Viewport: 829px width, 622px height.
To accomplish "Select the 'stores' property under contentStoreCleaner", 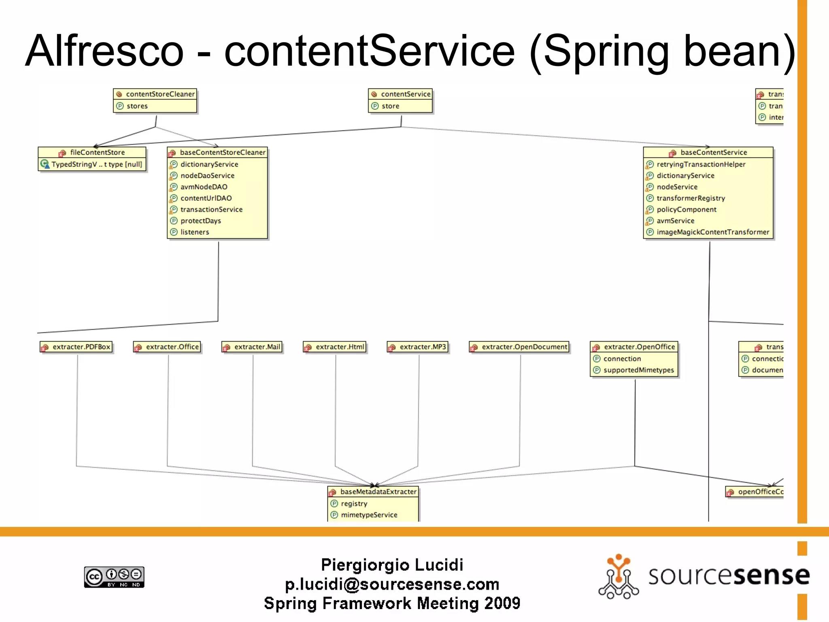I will (137, 106).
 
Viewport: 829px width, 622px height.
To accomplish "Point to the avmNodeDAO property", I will (204, 187).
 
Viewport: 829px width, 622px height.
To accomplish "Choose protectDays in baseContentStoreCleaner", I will (201, 221).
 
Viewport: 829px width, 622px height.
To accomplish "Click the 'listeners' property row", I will (195, 232).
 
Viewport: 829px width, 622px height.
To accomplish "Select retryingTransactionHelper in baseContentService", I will (701, 164).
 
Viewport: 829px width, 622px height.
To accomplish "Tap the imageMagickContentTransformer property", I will (712, 232).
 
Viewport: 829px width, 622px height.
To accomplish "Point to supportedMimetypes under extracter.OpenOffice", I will (638, 370).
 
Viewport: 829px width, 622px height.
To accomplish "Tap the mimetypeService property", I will (369, 515).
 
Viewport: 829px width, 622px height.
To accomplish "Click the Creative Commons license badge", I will (114, 577).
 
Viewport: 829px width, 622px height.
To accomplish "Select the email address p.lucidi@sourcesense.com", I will (392, 584).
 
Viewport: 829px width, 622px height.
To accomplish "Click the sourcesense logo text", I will (729, 575).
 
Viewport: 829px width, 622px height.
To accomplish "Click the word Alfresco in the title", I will (104, 51).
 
